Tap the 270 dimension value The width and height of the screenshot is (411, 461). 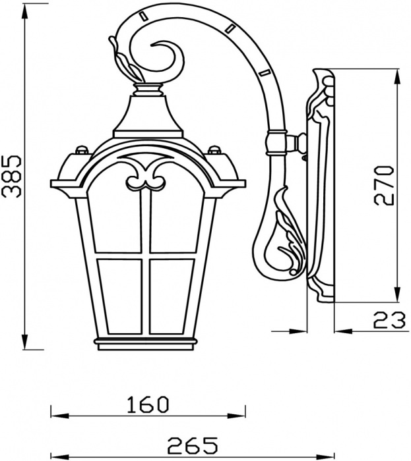pyautogui.click(x=383, y=185)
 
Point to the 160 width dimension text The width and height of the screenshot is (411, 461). pyautogui.click(x=148, y=404)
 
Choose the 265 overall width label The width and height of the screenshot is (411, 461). pyautogui.click(x=193, y=445)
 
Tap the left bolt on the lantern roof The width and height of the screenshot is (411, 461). pyautogui.click(x=82, y=150)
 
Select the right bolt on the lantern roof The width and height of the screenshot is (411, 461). pyautogui.click(x=214, y=150)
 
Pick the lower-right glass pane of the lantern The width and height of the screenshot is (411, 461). pyautogui.click(x=170, y=296)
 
